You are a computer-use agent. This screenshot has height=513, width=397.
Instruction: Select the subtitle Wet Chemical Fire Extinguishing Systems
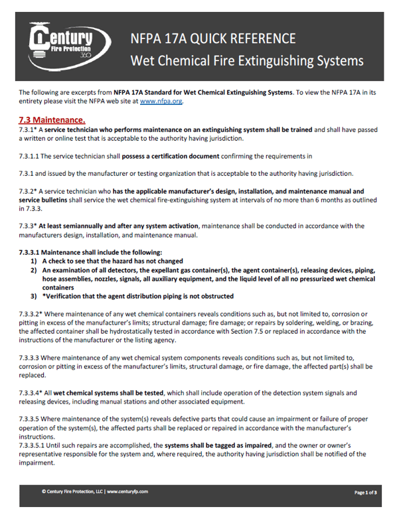(x=247, y=61)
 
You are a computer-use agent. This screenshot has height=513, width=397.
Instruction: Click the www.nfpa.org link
(x=161, y=102)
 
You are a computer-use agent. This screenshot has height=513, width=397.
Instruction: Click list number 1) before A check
(x=34, y=261)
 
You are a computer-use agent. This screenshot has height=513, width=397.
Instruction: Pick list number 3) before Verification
(x=34, y=296)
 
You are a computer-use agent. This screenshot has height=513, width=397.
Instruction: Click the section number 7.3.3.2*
(x=32, y=313)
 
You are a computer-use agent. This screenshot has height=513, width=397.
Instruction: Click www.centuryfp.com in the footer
(x=126, y=492)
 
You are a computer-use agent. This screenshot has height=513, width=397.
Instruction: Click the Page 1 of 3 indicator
(x=365, y=492)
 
